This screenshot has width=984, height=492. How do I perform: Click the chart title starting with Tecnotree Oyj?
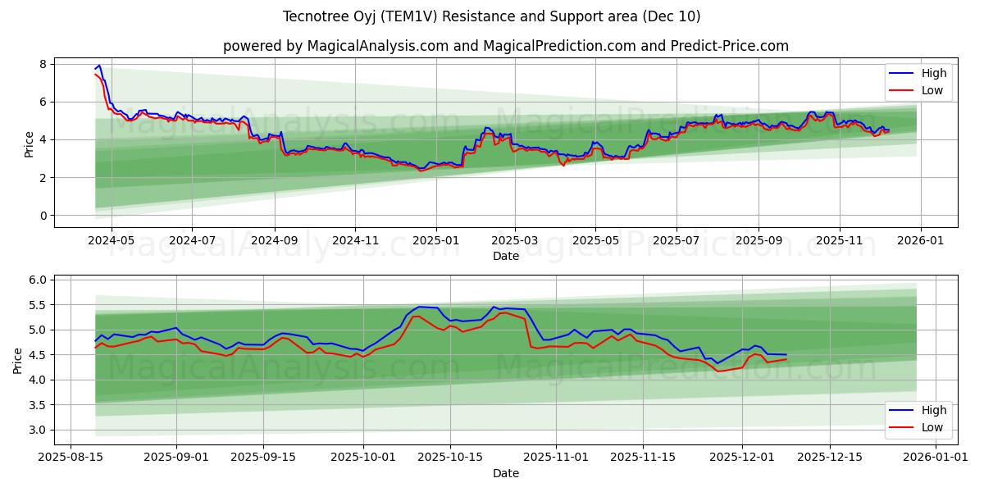[491, 16]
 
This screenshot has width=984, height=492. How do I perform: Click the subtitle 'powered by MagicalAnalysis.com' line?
[505, 46]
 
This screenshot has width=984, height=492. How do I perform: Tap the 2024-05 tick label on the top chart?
[111, 242]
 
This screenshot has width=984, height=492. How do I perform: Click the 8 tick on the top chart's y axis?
[43, 64]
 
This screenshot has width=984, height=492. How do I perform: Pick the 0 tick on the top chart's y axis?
[43, 216]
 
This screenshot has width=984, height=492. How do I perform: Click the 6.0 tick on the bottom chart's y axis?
[38, 280]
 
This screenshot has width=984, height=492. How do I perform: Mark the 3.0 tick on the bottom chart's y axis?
[38, 430]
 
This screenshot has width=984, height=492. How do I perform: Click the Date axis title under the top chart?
[505, 256]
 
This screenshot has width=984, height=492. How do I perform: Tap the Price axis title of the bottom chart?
[18, 359]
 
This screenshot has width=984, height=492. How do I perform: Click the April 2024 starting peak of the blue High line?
[99, 65]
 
